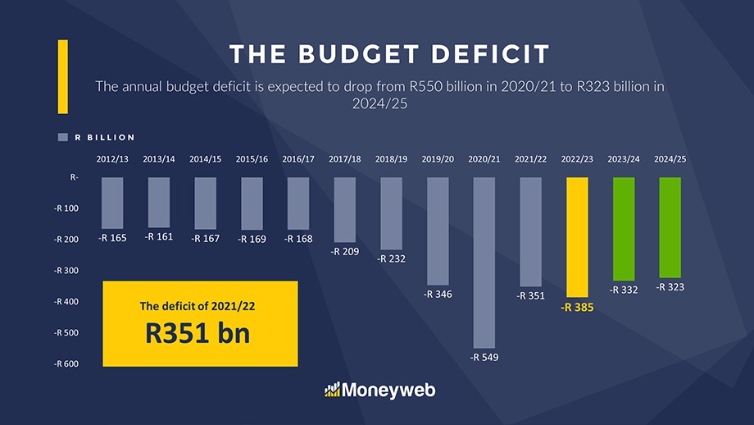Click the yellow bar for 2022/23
(577, 237)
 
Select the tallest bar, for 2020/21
(484, 263)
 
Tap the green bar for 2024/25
(670, 227)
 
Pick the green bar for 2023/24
(624, 229)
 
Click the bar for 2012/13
(112, 203)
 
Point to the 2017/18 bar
(345, 209)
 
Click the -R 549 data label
(484, 358)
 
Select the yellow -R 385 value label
(577, 308)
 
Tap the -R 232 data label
(391, 258)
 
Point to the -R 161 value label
(158, 236)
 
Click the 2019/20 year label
(437, 159)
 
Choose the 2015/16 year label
(252, 159)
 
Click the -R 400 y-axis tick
(66, 302)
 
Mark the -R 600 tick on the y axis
(66, 364)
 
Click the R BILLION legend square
(62, 138)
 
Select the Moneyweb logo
(379, 390)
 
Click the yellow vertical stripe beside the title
(62, 76)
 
